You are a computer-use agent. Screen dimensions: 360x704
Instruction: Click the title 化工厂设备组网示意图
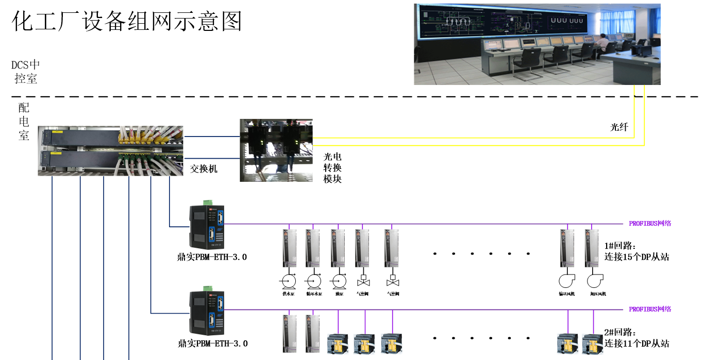[x=127, y=22]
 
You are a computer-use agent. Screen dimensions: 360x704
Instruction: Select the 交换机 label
[x=204, y=168]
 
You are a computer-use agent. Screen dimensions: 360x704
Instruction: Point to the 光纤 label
[x=619, y=127]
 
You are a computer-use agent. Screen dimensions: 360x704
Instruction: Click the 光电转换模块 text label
[x=332, y=168]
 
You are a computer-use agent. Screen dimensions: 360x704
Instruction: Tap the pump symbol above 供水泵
[x=288, y=281]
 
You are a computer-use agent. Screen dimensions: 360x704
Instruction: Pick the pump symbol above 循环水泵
[x=313, y=281]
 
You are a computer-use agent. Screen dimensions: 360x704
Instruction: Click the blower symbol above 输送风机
[x=566, y=281]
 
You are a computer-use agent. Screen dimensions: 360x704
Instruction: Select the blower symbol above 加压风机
[x=595, y=281]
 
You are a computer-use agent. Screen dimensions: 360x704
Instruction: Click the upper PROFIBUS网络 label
[x=650, y=224]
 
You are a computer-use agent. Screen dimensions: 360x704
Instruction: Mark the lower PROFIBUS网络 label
[x=650, y=310]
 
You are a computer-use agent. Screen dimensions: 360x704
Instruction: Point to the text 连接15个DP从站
[x=636, y=257]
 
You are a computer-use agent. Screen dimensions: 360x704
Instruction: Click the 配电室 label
[x=24, y=122]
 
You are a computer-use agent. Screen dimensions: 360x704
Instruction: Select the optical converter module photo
[x=276, y=150]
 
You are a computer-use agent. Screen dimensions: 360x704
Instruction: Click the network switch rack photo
[x=110, y=150]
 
